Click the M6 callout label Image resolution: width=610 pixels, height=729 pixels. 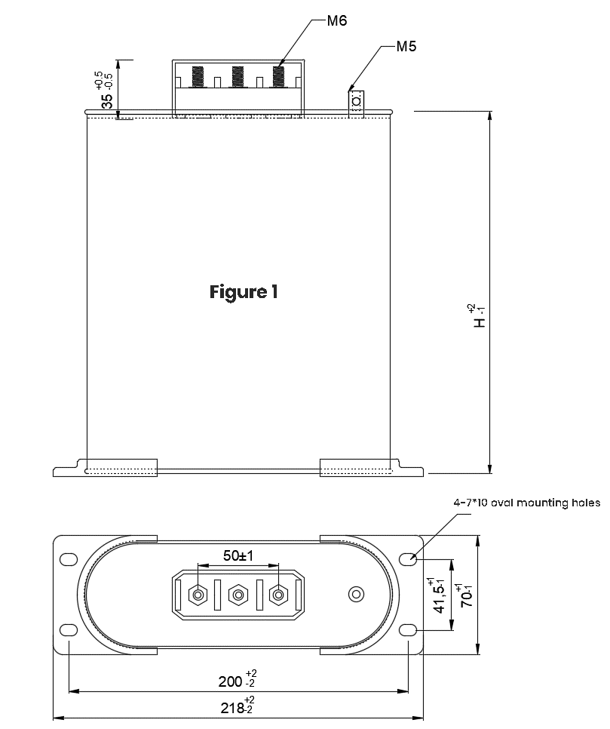pos(337,21)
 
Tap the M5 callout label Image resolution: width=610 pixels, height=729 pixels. pos(406,47)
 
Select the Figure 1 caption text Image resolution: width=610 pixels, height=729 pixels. pos(244,293)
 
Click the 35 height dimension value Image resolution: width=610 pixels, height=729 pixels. pos(107,101)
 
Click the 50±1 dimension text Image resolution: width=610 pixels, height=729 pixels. pos(238,555)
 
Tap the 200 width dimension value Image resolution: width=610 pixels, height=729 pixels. pos(231,681)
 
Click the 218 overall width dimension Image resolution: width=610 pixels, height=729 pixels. pos(232,708)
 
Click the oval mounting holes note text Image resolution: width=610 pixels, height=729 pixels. pos(527,503)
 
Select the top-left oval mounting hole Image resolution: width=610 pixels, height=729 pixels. pos(69,559)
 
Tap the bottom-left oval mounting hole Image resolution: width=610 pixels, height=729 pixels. pos(69,630)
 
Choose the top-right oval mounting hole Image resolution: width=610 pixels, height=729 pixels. pos(409,559)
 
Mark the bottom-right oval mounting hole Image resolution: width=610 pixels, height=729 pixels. pos(409,630)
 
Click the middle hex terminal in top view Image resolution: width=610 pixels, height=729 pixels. pos(238,595)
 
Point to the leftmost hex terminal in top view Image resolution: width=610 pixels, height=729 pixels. pos(198,595)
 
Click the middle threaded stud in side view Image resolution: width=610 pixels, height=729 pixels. pos(238,77)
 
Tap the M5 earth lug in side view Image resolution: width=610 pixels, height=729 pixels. pos(357,101)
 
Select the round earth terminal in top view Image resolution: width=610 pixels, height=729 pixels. pos(357,594)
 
